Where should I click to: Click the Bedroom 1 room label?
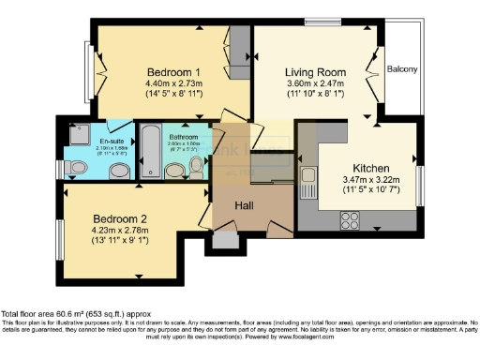point(173,72)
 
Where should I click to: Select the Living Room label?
point(316,71)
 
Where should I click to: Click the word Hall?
point(242,203)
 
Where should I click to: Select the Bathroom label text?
point(184,137)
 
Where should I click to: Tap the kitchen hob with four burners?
point(350,221)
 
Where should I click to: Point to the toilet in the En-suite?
point(72,167)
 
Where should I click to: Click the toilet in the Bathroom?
point(196,166)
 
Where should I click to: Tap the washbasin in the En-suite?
point(118,170)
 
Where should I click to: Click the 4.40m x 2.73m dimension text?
point(173,84)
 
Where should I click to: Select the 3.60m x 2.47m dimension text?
point(316,83)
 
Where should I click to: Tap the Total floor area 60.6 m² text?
point(75,313)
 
